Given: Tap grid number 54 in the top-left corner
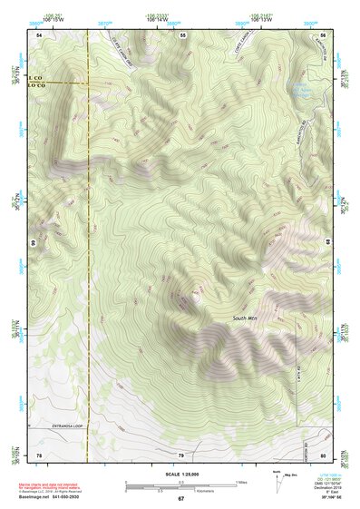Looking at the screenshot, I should (39, 34).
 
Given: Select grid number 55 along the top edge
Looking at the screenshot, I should (182, 34).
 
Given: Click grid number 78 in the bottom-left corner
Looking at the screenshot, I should (39, 454).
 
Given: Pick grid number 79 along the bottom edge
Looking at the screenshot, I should (180, 454).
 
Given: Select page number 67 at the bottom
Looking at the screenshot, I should (180, 498).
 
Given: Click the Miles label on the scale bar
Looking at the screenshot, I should (241, 481).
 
